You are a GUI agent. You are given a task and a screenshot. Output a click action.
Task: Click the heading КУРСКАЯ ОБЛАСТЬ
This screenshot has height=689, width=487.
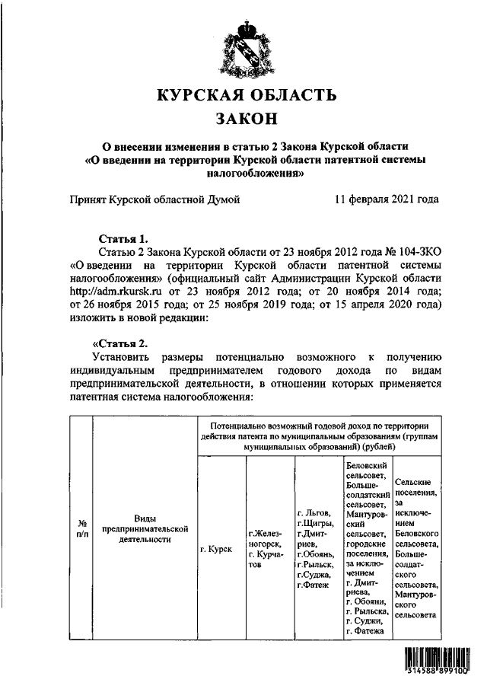click(246, 96)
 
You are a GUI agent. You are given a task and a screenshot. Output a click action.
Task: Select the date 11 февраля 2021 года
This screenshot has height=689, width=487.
click(387, 200)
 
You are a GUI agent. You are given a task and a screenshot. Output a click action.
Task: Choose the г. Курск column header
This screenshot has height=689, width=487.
click(215, 548)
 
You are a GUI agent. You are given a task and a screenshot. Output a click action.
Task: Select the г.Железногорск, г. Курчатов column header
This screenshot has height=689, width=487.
click(267, 548)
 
